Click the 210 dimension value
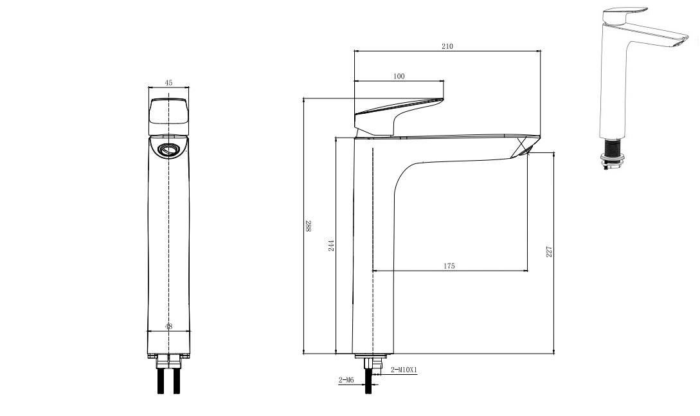[447, 46]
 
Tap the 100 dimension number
[399, 77]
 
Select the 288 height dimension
[309, 226]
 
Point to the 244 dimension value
[331, 246]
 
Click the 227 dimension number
[549, 252]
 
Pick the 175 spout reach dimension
[449, 266]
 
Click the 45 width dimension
[168, 82]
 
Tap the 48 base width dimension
[168, 326]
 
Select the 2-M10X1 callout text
[404, 370]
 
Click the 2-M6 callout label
[346, 380]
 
